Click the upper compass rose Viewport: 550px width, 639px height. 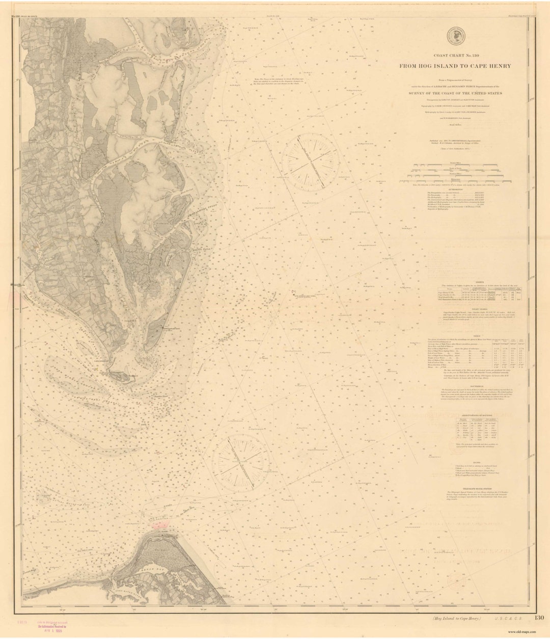click(x=309, y=159)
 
